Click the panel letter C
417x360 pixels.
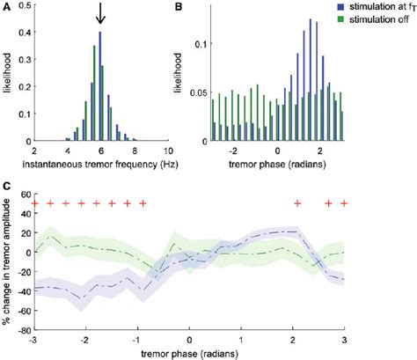point(8,187)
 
